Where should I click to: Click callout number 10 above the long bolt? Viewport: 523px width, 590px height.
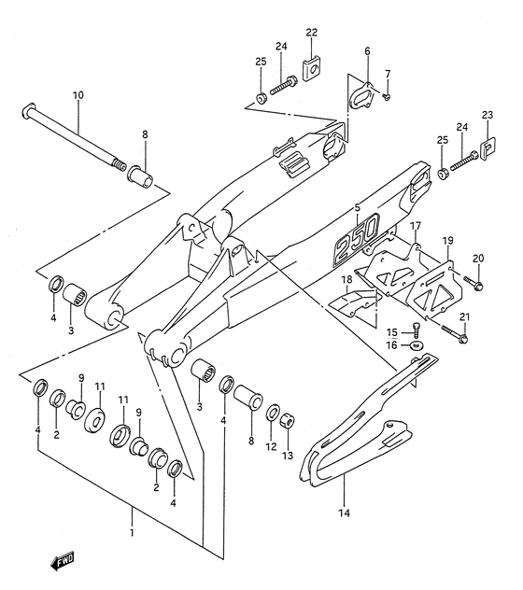coord(78,95)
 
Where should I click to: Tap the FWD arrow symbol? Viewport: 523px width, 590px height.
coord(64,562)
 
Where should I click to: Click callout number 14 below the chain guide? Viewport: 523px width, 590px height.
coord(343,512)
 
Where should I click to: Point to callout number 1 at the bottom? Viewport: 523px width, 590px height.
coord(132,533)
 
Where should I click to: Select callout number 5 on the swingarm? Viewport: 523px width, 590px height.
coord(357,207)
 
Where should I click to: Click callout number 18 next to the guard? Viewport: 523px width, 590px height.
coord(346,280)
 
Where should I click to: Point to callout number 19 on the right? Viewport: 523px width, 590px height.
coord(447,241)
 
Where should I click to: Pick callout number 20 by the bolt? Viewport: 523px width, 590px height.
coord(478,259)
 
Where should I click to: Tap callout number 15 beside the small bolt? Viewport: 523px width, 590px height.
coord(392,331)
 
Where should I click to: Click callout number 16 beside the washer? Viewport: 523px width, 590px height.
coord(392,345)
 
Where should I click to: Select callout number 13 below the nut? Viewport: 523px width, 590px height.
coord(289,455)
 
